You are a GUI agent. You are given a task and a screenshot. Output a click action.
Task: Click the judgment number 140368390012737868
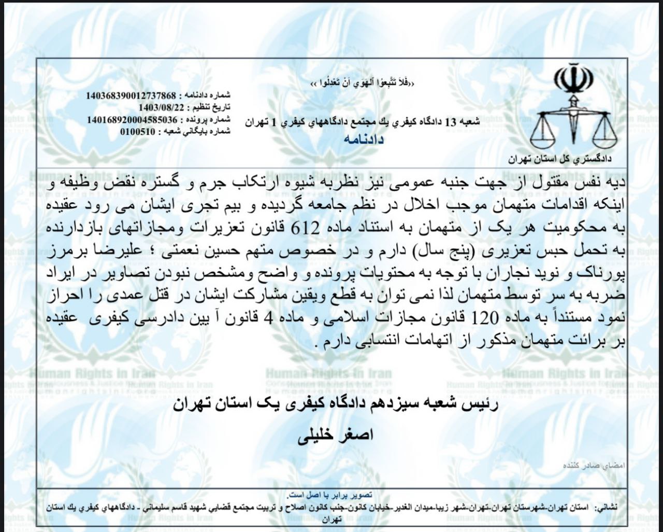(132, 96)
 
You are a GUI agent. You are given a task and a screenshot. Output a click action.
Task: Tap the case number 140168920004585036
(132, 119)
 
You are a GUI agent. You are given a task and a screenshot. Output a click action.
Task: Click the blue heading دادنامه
(363, 139)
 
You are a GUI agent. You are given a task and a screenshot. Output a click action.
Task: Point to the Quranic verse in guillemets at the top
(364, 83)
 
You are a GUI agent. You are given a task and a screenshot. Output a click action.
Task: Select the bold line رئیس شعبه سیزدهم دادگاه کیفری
(335, 405)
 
